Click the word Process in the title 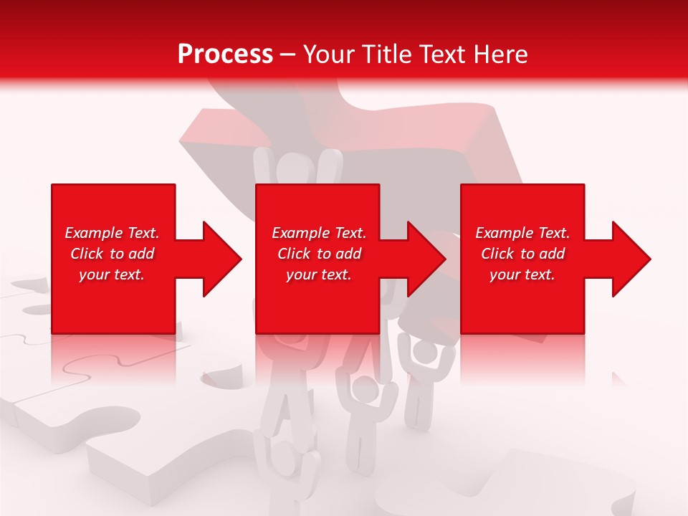tap(225, 54)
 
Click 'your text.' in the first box tap(112, 274)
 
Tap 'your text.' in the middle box tap(318, 274)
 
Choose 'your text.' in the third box tap(522, 274)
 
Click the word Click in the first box tap(87, 254)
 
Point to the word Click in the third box tap(498, 254)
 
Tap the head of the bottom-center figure tap(366, 390)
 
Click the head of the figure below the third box tap(426, 350)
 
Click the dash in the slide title tap(288, 54)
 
